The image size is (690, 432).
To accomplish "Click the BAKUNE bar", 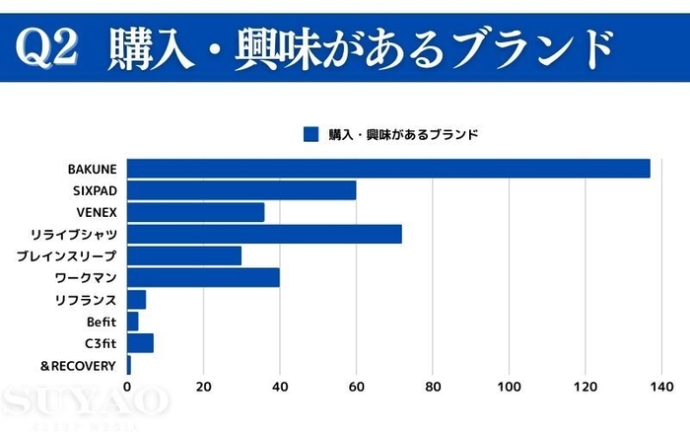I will point(388,169).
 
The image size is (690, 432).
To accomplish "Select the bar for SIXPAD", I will point(241,190).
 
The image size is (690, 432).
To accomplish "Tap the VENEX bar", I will point(195,212).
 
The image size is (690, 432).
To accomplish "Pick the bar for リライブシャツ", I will point(264,234).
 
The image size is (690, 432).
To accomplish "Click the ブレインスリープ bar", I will point(184,256).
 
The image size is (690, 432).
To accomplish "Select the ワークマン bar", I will point(203,278).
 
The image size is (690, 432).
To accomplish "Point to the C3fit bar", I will point(140,343).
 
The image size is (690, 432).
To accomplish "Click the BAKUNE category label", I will point(92,169).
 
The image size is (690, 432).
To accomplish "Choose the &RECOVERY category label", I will point(78,366).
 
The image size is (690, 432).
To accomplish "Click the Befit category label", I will point(102,322).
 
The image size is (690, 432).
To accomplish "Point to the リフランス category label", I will point(86,300).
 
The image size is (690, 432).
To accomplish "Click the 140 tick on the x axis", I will point(661,386).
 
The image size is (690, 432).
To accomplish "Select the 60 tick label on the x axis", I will point(356,386).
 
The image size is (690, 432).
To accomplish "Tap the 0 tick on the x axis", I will point(127,386).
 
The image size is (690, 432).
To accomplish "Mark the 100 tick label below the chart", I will point(509,386).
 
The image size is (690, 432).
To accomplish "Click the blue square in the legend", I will point(311,134).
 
